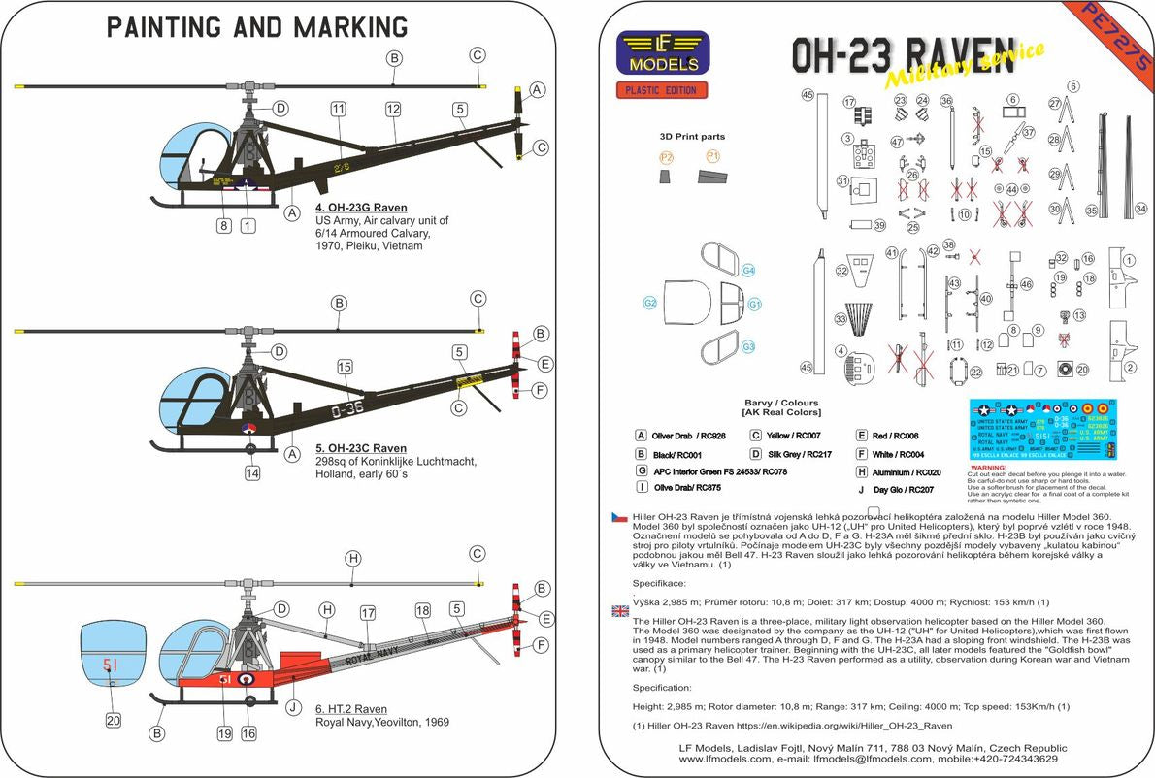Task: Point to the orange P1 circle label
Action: point(712,155)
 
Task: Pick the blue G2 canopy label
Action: point(649,304)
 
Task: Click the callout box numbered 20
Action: point(114,721)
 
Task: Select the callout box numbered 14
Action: point(252,474)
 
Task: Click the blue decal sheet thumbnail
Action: point(1042,428)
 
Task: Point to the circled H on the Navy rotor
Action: point(353,558)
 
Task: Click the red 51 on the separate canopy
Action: point(111,665)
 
